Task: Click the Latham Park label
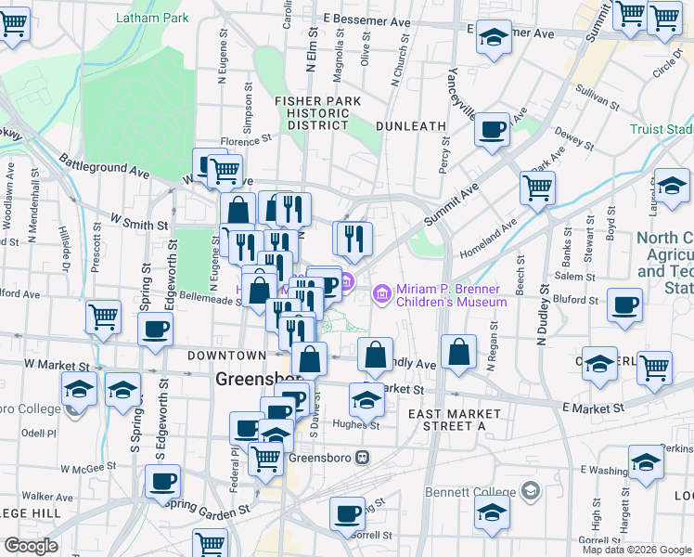(152, 18)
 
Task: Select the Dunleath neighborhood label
(411, 125)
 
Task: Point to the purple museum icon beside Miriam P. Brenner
(380, 294)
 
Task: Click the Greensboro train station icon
(362, 457)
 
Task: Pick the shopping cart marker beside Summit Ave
(537, 187)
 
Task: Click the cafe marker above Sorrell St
(349, 513)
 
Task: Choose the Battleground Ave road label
(104, 166)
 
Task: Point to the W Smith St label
(139, 223)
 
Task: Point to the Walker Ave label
(47, 497)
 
